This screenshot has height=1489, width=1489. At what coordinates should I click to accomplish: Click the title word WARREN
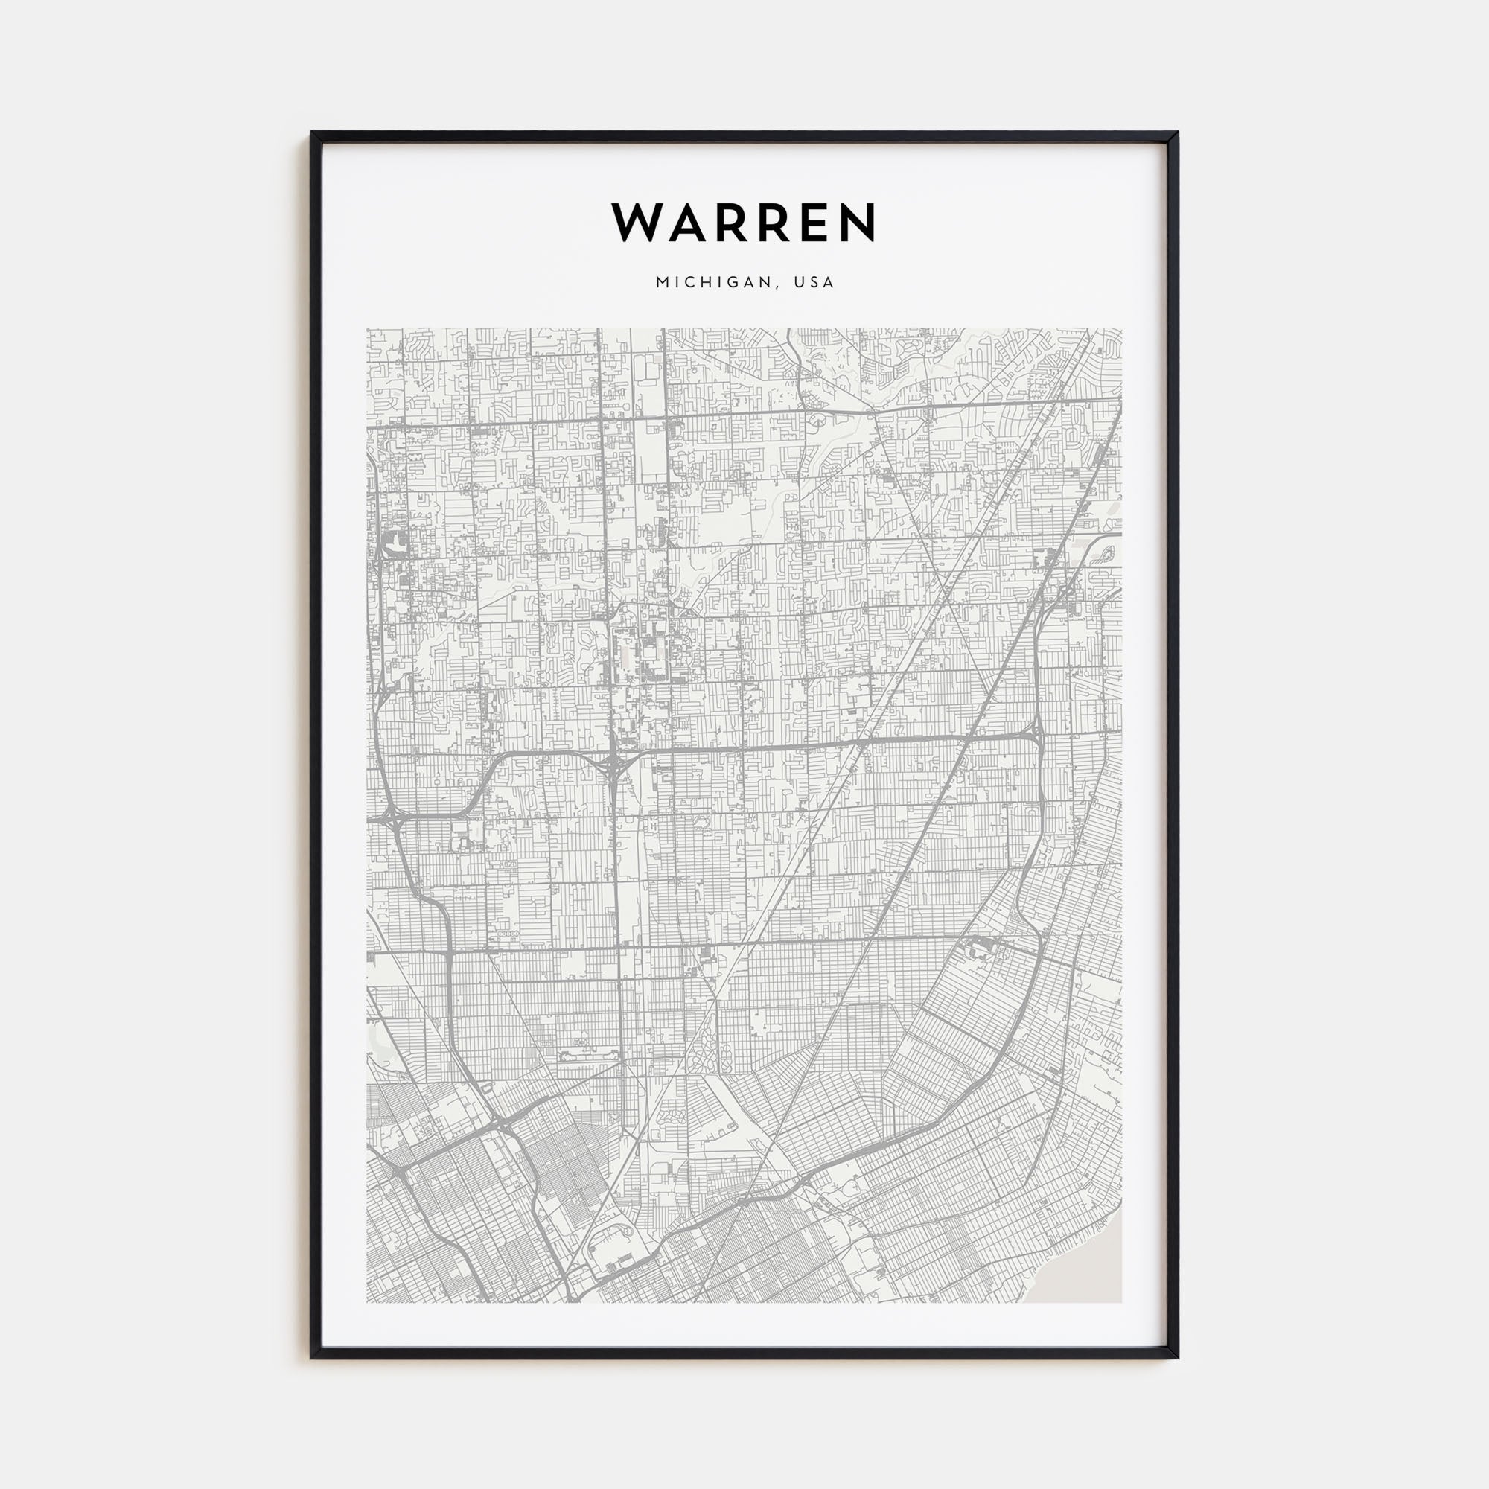[x=744, y=222]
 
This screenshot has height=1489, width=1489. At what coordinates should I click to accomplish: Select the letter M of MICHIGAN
[x=661, y=282]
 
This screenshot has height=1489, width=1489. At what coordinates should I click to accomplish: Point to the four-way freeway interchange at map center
[x=614, y=764]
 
